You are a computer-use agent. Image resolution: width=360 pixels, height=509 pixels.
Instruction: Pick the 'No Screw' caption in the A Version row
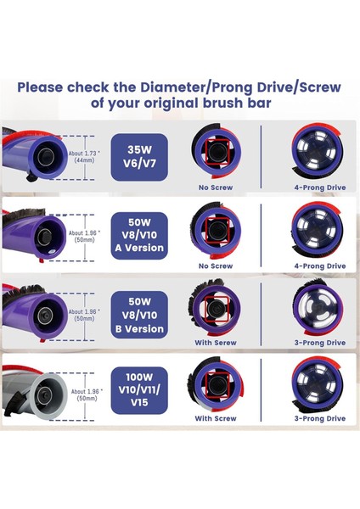(215, 266)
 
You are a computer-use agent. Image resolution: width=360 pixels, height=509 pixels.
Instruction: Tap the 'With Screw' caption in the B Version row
(215, 343)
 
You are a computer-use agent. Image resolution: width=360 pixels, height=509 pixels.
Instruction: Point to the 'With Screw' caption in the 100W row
(215, 418)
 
